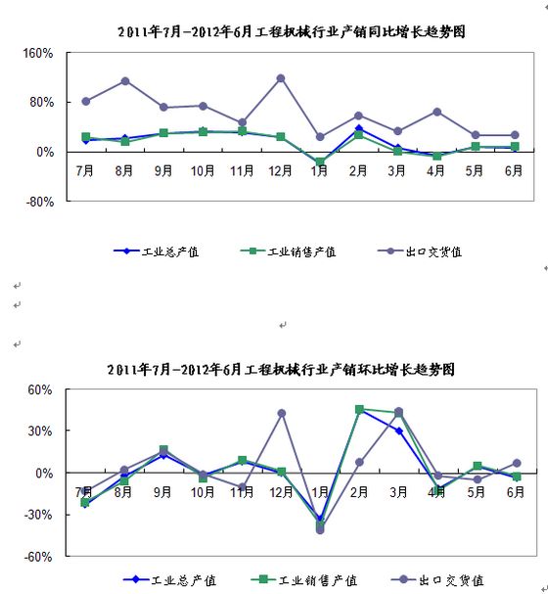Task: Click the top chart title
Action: (292, 31)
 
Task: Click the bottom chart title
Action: (281, 369)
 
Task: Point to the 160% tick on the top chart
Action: (38, 53)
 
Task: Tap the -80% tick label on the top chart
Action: (40, 202)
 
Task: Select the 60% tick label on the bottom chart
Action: (40, 389)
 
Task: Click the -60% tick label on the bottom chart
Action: (38, 557)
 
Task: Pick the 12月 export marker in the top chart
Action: (281, 78)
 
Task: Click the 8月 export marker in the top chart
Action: (125, 81)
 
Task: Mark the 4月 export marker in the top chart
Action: (436, 112)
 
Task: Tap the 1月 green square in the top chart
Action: (320, 162)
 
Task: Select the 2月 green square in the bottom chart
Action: (359, 409)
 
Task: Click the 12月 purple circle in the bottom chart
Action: (282, 413)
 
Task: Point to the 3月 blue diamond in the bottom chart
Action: (399, 431)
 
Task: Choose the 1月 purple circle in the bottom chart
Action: (320, 529)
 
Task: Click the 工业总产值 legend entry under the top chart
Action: (156, 251)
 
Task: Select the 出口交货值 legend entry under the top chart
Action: (420, 251)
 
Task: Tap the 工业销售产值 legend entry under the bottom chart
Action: (304, 579)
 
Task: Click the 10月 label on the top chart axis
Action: (203, 171)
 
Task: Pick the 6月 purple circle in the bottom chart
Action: (517, 463)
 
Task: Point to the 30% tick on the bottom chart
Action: (40, 431)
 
